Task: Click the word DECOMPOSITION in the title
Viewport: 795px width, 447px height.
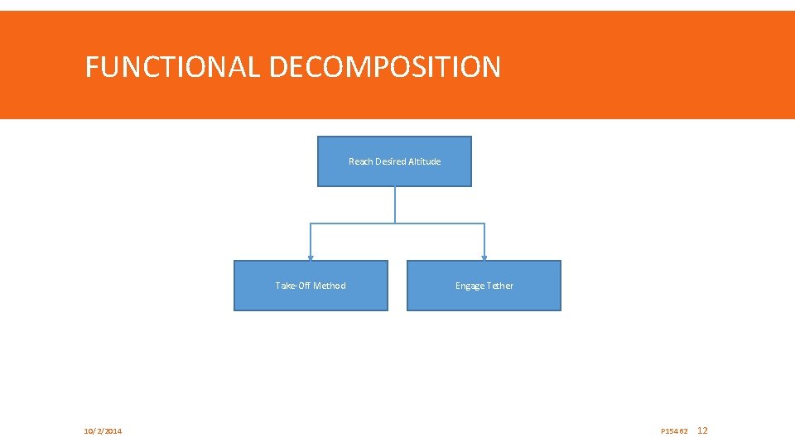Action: (x=384, y=67)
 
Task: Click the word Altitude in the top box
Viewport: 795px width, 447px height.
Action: (x=424, y=161)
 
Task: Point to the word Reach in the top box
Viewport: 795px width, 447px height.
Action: (x=360, y=161)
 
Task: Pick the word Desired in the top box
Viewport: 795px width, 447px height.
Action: (x=390, y=161)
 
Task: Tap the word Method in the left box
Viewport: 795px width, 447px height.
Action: (x=330, y=286)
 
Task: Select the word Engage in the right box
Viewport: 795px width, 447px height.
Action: (x=470, y=286)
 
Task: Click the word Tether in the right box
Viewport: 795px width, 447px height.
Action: (x=500, y=286)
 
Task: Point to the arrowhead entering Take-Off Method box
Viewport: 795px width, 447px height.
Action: (x=311, y=257)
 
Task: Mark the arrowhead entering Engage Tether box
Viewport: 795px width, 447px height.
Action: (x=484, y=257)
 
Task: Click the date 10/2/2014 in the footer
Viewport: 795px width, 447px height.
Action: (x=103, y=431)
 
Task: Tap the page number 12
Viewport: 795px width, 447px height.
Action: (x=703, y=430)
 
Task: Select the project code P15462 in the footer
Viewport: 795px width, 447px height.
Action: (x=674, y=431)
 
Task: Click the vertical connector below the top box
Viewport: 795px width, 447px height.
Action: (x=395, y=204)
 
